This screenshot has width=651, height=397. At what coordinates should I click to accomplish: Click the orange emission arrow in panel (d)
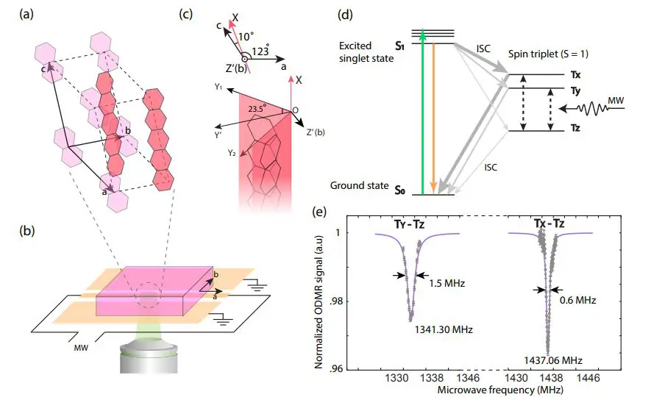pos(434,118)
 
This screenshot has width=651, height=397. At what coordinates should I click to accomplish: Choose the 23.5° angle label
pos(259,107)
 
